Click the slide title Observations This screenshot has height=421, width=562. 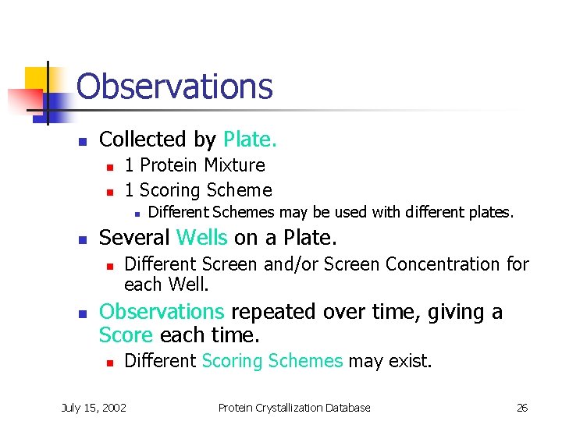click(175, 87)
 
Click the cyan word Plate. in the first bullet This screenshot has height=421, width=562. click(250, 140)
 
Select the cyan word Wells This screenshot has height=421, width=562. click(202, 238)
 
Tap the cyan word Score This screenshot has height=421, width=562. click(126, 335)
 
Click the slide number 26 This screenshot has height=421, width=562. click(522, 407)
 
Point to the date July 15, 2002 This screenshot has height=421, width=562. click(94, 407)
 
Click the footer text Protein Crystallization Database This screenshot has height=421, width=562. click(293, 407)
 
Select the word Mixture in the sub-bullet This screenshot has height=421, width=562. click(234, 165)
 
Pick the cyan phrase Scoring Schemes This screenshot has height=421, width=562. click(272, 361)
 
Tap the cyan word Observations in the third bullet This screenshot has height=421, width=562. click(162, 312)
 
